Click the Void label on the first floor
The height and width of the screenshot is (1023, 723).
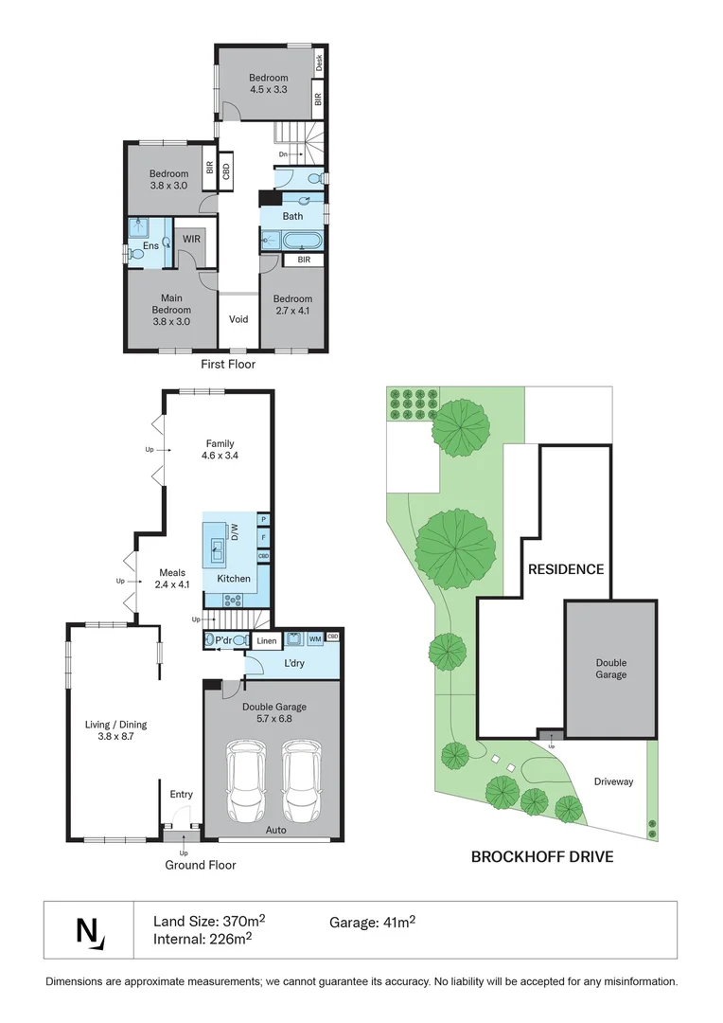[x=238, y=319]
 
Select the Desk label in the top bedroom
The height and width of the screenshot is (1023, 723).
[x=320, y=63]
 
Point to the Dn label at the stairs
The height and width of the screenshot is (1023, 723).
[x=283, y=153]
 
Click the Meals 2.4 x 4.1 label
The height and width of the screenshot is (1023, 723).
[x=172, y=578]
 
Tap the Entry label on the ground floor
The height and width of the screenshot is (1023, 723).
[x=180, y=795]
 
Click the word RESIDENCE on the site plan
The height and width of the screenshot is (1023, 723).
[x=565, y=569]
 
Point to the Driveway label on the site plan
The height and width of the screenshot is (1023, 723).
[x=613, y=781]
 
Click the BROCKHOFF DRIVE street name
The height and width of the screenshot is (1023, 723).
[x=542, y=857]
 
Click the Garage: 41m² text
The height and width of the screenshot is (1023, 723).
[x=373, y=921]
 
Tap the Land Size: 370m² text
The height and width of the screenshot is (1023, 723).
[x=209, y=921]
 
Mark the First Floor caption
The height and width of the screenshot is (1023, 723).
[x=228, y=364]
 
